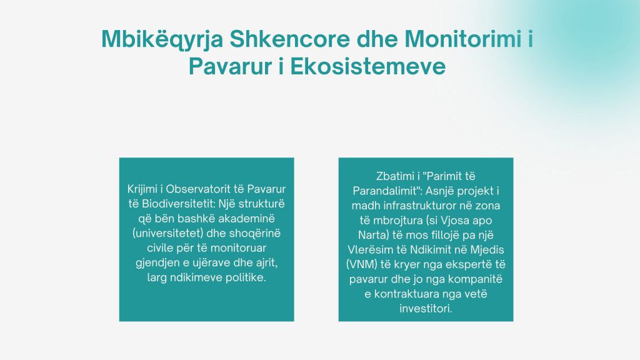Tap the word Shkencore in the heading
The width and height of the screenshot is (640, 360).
tap(290, 39)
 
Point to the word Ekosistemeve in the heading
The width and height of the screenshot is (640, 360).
tap(367, 66)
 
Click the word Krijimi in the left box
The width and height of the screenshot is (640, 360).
tap(142, 189)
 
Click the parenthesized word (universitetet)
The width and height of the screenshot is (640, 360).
tap(167, 234)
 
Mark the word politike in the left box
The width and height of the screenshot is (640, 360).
tap(245, 277)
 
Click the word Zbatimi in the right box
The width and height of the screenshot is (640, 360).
tap(395, 176)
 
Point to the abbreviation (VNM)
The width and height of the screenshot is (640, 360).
tap(362, 264)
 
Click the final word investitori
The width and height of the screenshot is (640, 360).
tap(426, 309)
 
